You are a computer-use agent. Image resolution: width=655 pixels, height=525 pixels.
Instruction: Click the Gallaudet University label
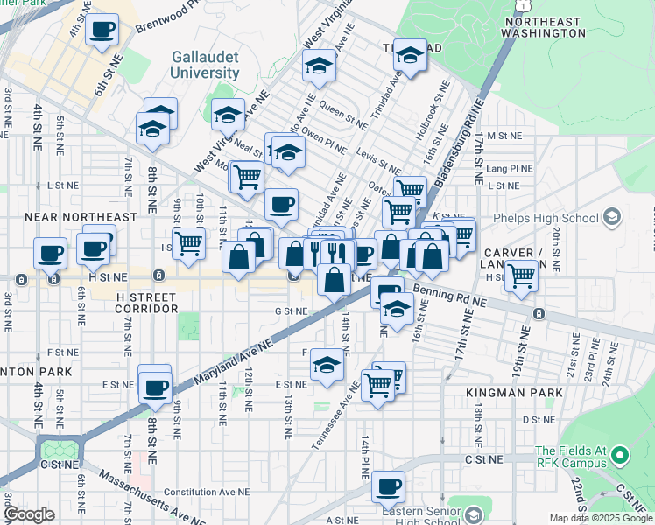205,65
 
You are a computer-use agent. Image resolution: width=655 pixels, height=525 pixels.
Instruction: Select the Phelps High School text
555,215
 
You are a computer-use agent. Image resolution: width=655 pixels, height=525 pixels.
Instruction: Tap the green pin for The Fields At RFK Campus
620,455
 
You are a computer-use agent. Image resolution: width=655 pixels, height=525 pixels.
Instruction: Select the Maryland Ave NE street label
229,361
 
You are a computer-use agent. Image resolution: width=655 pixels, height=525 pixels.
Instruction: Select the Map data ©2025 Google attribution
601,519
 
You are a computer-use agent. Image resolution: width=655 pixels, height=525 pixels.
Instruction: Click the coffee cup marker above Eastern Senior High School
388,486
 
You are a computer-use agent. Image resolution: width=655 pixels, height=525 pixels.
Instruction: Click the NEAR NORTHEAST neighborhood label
81,216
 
